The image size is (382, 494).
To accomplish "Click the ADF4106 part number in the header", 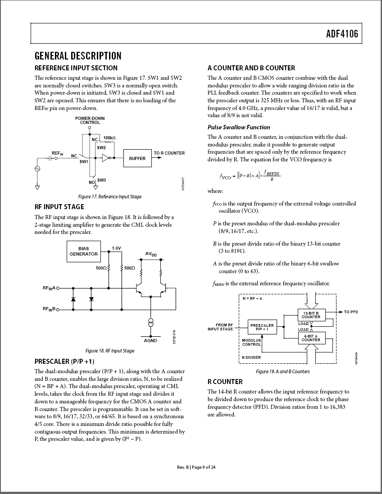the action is (x=342, y=34).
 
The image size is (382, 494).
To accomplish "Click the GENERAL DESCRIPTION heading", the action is (x=78, y=56).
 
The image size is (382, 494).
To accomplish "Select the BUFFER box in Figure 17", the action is (x=137, y=158).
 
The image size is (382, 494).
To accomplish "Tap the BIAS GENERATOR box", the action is (x=83, y=252).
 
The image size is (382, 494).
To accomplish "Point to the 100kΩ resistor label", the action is (x=109, y=137).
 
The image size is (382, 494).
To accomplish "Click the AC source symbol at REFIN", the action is (x=37, y=169).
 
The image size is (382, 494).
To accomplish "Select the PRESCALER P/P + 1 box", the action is (x=262, y=327).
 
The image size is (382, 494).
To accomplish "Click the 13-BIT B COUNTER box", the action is (x=311, y=315).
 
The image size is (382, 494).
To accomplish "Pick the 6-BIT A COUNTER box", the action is (x=311, y=338).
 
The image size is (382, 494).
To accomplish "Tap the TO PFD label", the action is (x=351, y=312).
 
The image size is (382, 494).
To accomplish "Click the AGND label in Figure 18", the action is (x=150, y=341).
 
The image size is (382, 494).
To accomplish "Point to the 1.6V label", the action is (x=116, y=248).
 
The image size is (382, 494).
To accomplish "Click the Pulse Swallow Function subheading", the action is (x=239, y=127).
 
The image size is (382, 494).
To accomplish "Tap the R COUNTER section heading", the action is (x=225, y=382).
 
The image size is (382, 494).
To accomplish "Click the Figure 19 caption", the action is (x=283, y=371).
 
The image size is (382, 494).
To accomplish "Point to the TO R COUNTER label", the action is (x=169, y=153).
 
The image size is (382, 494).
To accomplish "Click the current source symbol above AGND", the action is (x=151, y=323).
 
